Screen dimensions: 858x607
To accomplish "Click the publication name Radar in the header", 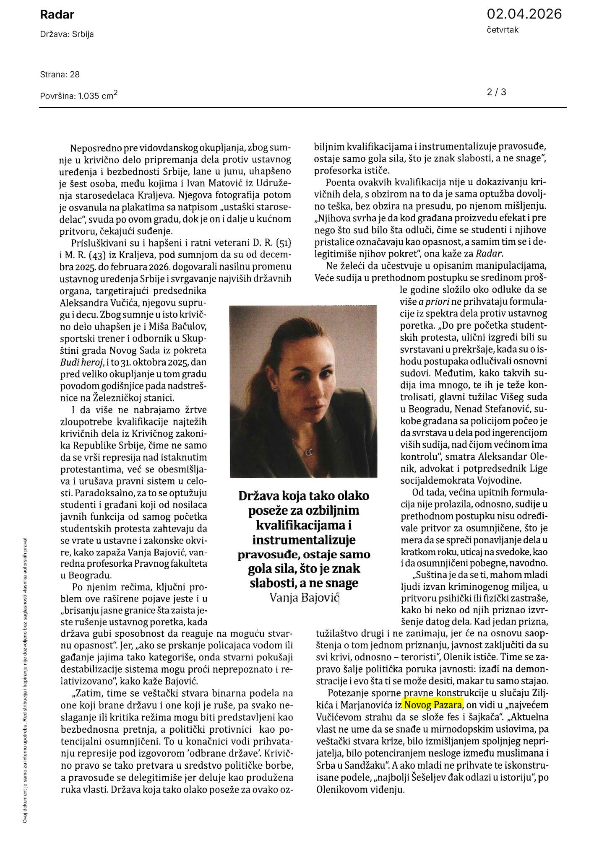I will point(57,15).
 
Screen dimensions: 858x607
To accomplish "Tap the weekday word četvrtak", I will point(503,30).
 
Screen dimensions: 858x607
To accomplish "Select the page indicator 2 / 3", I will point(496,92).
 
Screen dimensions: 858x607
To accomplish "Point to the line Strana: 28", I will point(60,75).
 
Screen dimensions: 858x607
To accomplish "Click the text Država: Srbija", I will point(67,34).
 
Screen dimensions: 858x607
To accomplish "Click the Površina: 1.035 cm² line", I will point(78,96).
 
